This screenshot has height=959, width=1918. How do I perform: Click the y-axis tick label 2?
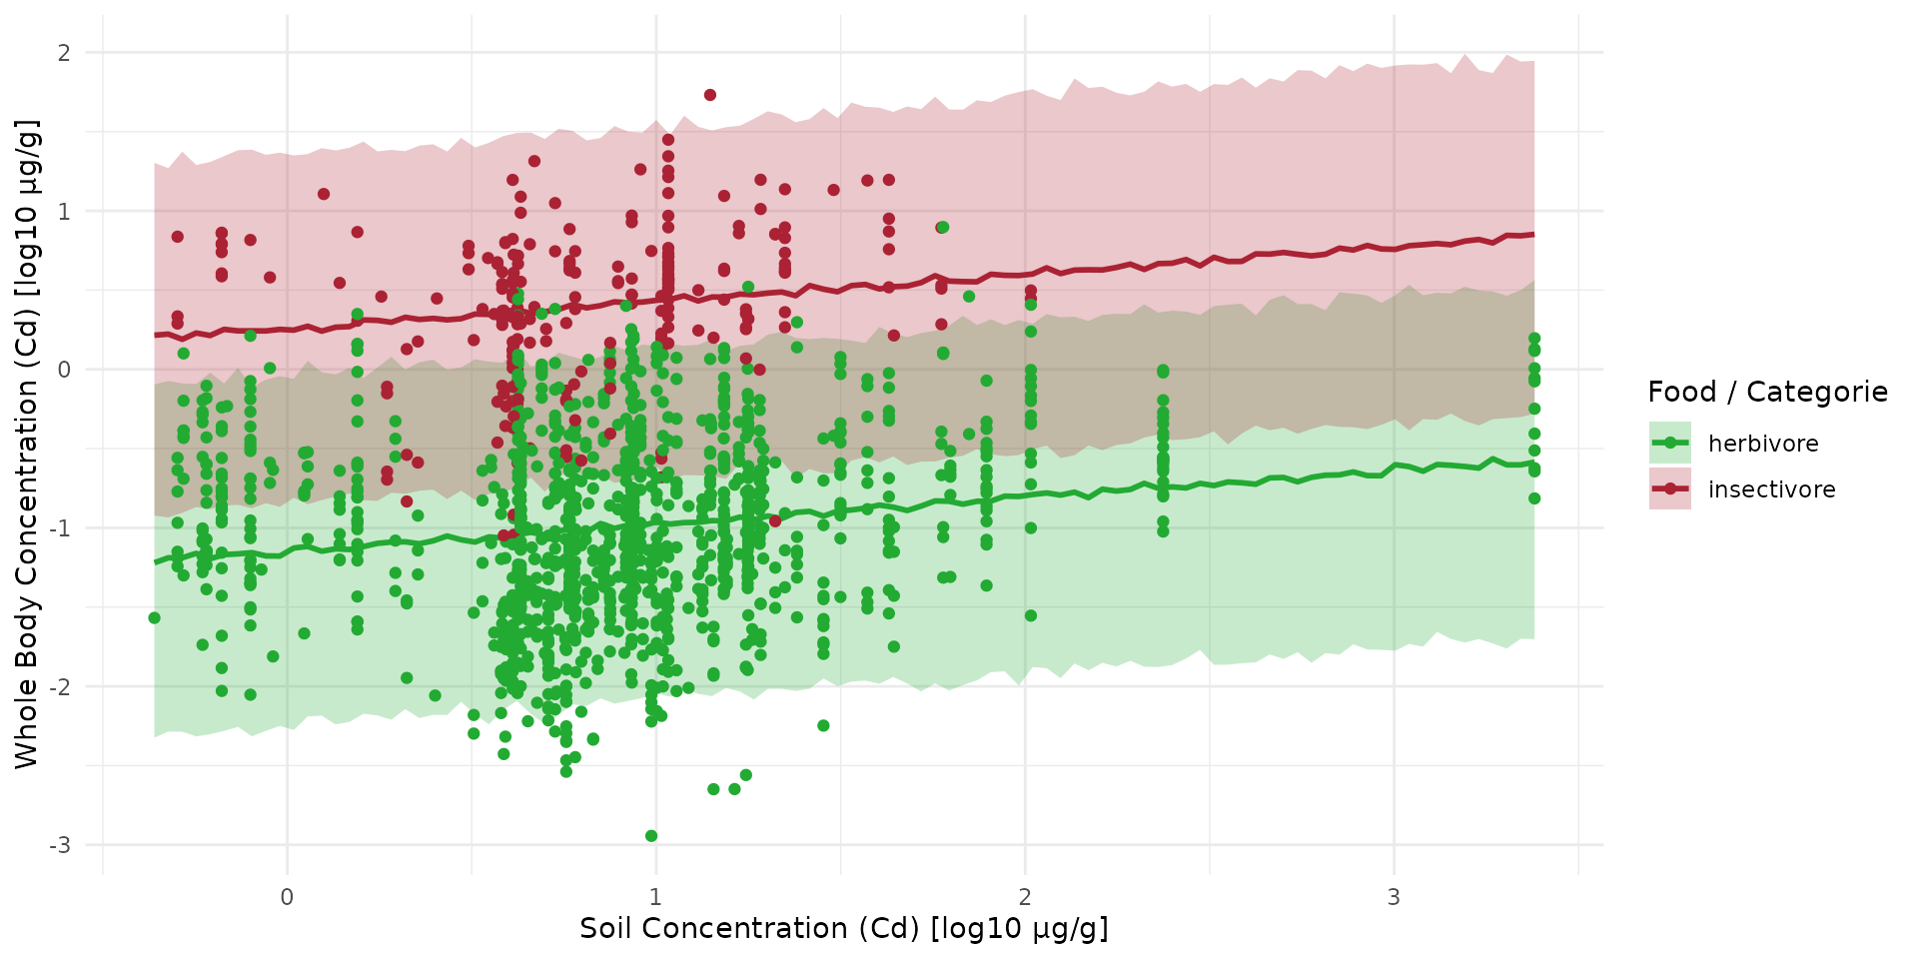[64, 53]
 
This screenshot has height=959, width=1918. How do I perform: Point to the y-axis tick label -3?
[60, 845]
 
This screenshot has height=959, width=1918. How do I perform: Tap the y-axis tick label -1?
[60, 528]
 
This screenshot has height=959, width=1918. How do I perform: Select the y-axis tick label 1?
[64, 211]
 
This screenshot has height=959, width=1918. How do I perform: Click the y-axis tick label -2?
[60, 687]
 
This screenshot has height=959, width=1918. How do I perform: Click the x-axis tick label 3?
[1394, 897]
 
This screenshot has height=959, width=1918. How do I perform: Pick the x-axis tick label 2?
[1025, 897]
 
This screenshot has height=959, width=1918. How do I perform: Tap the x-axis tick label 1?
[655, 897]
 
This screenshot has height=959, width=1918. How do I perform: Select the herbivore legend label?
[1763, 444]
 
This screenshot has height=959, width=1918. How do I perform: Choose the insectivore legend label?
[1771, 489]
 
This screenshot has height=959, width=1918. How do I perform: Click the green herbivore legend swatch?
[1669, 443]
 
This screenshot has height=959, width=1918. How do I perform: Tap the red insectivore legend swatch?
[1669, 488]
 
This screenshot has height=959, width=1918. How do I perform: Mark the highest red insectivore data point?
[709, 95]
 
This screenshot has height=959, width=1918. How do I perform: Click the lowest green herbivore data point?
[651, 836]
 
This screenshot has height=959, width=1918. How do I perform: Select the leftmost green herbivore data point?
[154, 618]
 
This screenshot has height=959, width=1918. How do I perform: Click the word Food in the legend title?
[1682, 392]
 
